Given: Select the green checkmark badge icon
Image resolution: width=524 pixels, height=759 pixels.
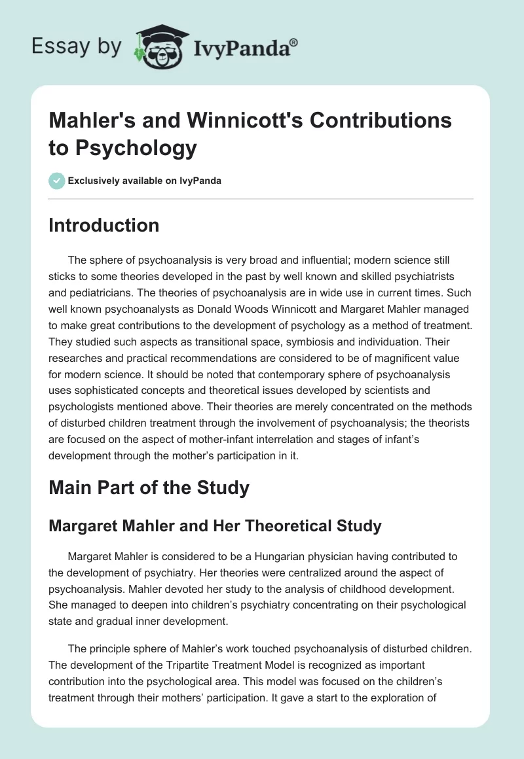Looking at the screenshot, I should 56,181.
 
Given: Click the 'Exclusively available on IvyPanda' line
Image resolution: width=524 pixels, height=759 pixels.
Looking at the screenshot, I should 145,181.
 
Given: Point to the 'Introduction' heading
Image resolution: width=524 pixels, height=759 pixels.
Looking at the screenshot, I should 103,225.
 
